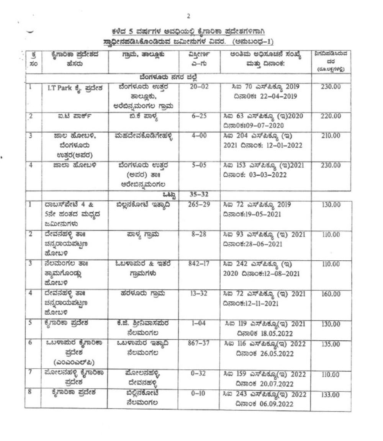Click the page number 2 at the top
(188, 16)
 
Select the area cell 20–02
(199, 87)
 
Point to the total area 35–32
(199, 194)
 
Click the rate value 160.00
(331, 294)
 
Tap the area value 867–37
(199, 343)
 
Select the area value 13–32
(199, 294)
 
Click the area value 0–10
(199, 394)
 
